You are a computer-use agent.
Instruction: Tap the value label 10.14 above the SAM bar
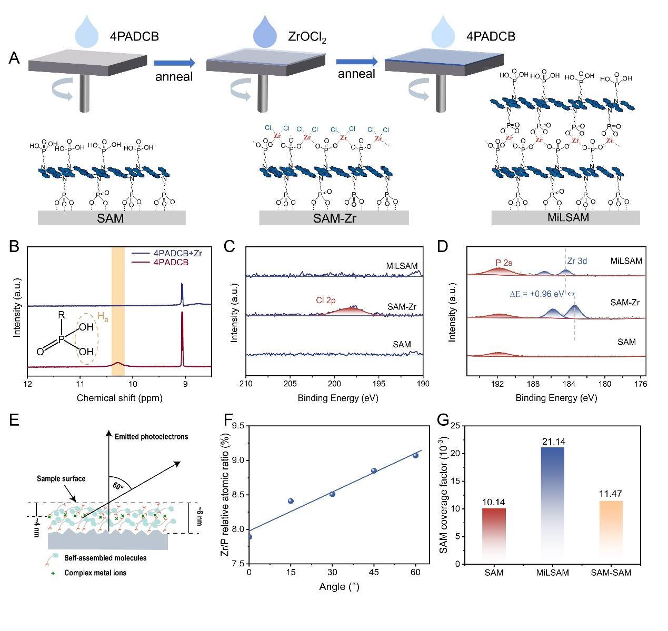click(x=494, y=502)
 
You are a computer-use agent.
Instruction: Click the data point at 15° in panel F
click(x=291, y=501)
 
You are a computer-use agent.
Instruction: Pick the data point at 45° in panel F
click(x=374, y=470)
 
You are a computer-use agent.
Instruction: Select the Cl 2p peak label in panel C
click(x=325, y=301)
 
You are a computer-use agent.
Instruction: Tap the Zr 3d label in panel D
click(x=577, y=261)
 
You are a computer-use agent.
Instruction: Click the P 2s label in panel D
click(x=504, y=263)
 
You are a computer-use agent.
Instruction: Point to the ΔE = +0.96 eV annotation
click(x=537, y=294)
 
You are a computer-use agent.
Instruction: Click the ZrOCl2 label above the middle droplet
click(x=307, y=37)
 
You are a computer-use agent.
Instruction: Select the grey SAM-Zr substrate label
click(x=334, y=218)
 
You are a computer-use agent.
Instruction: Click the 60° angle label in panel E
click(x=118, y=485)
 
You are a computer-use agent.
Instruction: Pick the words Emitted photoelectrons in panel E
click(x=151, y=436)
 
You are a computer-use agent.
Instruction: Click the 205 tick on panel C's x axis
click(x=290, y=384)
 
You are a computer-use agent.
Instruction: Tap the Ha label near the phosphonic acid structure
click(x=103, y=317)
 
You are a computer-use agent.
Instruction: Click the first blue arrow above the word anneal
click(x=174, y=63)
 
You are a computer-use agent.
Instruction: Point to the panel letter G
click(x=443, y=419)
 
